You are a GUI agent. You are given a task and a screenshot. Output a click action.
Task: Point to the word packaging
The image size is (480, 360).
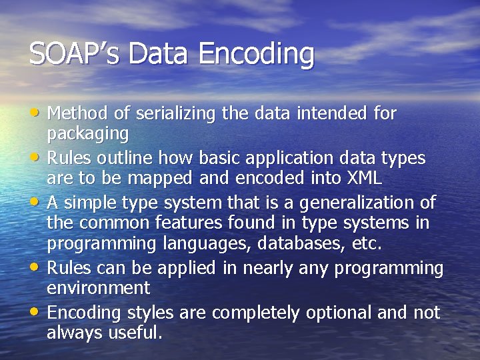[x=87, y=134]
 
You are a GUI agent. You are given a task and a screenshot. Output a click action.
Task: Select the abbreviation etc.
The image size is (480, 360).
[x=367, y=244]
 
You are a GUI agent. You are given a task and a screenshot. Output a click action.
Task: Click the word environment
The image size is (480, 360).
[x=98, y=288]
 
